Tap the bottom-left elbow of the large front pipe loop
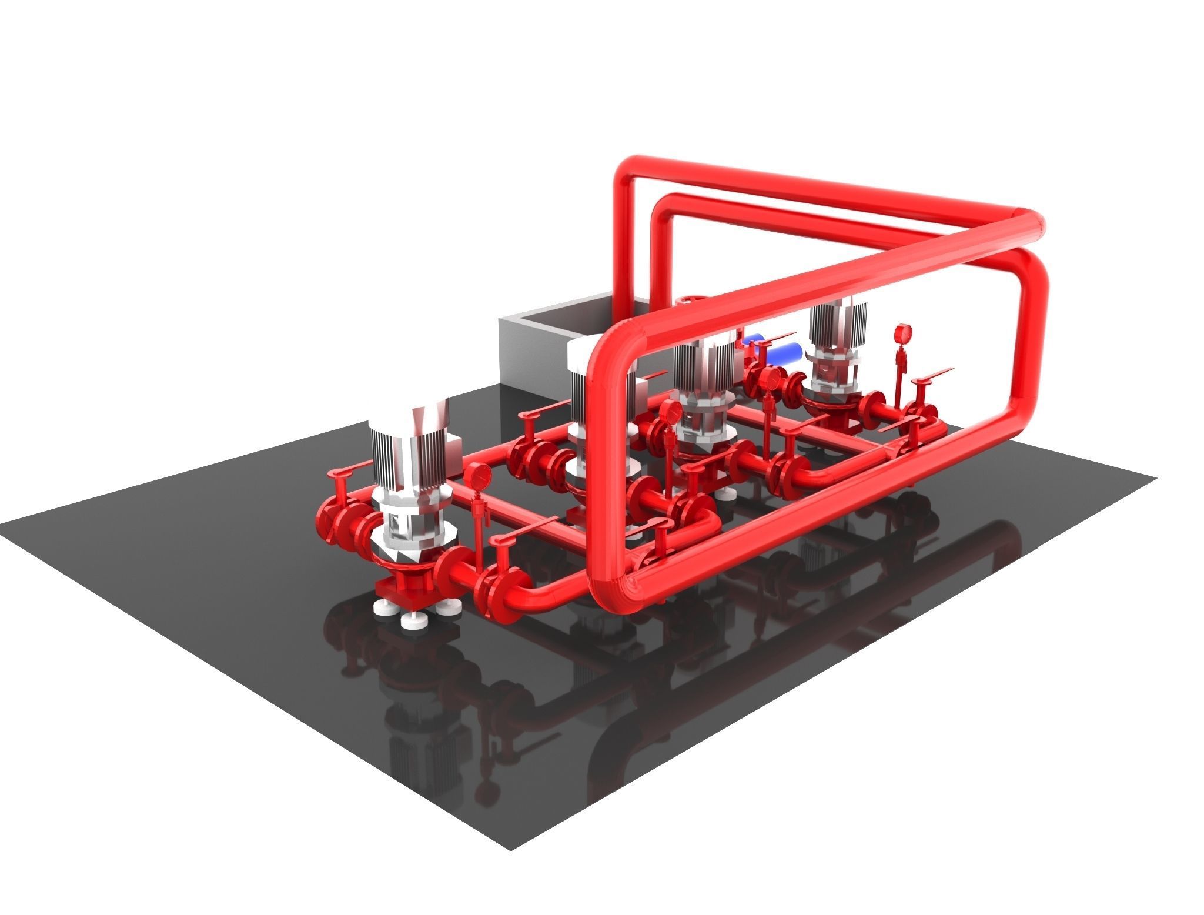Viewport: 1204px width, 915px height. pyautogui.click(x=611, y=594)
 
